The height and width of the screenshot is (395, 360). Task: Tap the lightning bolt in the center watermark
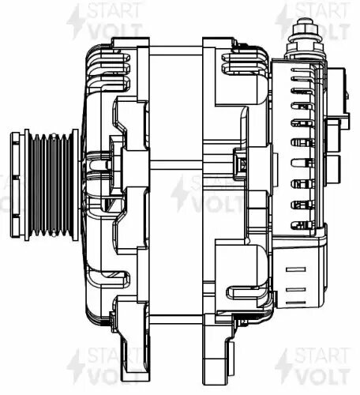(x=180, y=194)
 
